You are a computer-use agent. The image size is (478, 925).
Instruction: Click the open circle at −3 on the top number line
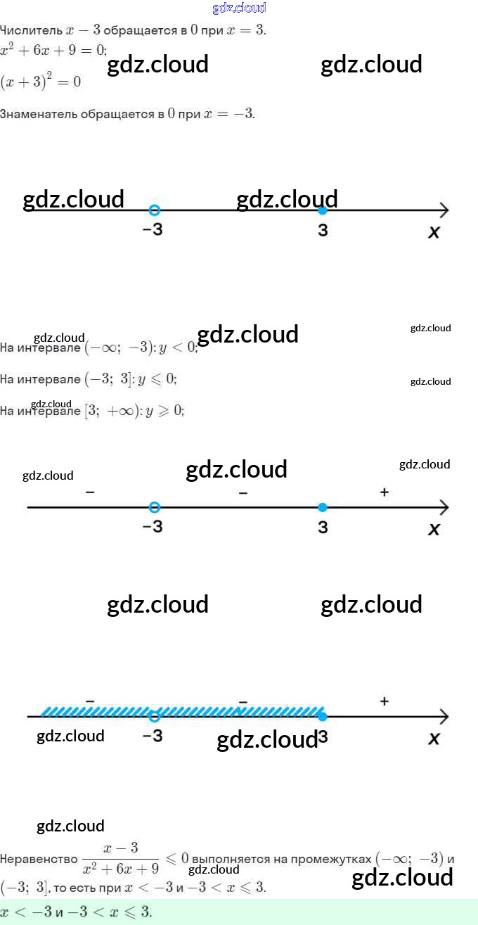[x=155, y=210]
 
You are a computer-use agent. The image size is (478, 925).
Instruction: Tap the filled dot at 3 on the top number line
[x=322, y=210]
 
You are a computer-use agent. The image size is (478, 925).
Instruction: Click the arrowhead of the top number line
[x=444, y=210]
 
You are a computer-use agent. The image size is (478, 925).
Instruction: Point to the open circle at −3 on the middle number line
[x=155, y=507]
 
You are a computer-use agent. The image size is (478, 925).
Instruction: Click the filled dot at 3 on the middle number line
[x=322, y=507]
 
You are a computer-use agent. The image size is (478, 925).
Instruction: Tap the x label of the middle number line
[x=434, y=529]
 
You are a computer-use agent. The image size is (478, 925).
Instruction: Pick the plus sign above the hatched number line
[x=384, y=701]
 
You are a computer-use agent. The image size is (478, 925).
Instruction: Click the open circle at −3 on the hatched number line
[x=155, y=717]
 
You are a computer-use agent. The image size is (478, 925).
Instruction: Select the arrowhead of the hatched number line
[x=444, y=717]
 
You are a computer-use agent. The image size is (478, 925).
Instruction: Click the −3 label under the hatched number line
[x=152, y=736]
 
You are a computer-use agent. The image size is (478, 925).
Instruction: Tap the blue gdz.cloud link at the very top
[x=239, y=8]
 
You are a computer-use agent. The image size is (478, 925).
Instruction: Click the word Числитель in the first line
[x=31, y=31]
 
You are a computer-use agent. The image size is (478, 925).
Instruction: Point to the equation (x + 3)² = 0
[x=41, y=82]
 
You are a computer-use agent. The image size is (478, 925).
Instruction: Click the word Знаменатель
[x=39, y=114]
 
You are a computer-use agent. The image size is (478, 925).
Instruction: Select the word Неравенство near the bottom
[x=39, y=859]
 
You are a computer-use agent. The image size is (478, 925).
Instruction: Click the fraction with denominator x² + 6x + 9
[x=120, y=860]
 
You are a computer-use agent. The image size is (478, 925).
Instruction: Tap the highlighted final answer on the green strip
[x=76, y=912]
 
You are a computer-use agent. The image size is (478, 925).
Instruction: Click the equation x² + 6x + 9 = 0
[x=53, y=49]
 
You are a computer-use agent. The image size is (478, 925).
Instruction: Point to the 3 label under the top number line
[x=323, y=230]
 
